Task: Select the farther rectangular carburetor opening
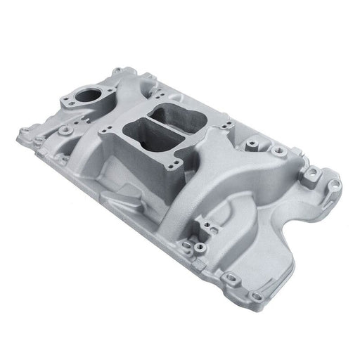[171, 112]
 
